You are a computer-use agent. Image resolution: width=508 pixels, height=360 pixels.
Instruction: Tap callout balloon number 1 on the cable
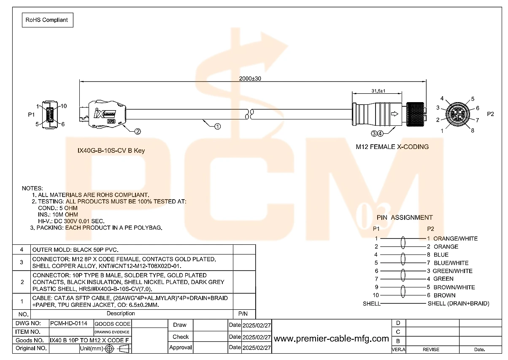pyautogui.click(x=218, y=126)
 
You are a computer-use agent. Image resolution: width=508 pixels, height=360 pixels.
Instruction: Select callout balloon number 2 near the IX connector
pyautogui.click(x=138, y=131)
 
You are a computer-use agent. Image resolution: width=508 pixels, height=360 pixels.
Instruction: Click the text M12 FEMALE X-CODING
pyautogui.click(x=392, y=147)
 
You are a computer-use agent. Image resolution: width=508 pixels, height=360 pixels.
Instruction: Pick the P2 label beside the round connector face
pyautogui.click(x=490, y=114)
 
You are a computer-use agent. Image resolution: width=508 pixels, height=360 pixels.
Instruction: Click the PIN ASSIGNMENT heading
pyautogui.click(x=405, y=217)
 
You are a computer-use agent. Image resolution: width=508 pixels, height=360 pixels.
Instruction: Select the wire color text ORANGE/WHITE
pyautogui.click(x=455, y=238)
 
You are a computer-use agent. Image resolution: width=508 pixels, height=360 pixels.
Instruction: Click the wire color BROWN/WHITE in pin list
pyautogui.click(x=454, y=287)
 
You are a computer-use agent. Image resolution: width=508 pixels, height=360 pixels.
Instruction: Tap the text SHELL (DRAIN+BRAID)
pyautogui.click(x=458, y=303)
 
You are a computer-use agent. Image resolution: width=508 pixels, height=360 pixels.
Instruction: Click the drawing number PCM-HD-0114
pyautogui.click(x=69, y=323)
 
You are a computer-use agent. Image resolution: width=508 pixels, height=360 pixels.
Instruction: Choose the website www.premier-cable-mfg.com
pyautogui.click(x=331, y=338)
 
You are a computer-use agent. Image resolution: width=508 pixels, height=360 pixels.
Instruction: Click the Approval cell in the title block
pyautogui.click(x=180, y=348)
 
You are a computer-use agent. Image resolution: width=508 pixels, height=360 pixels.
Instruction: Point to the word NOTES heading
pyautogui.click(x=32, y=188)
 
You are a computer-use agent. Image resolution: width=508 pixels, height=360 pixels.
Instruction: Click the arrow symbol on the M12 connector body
pyautogui.click(x=395, y=114)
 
